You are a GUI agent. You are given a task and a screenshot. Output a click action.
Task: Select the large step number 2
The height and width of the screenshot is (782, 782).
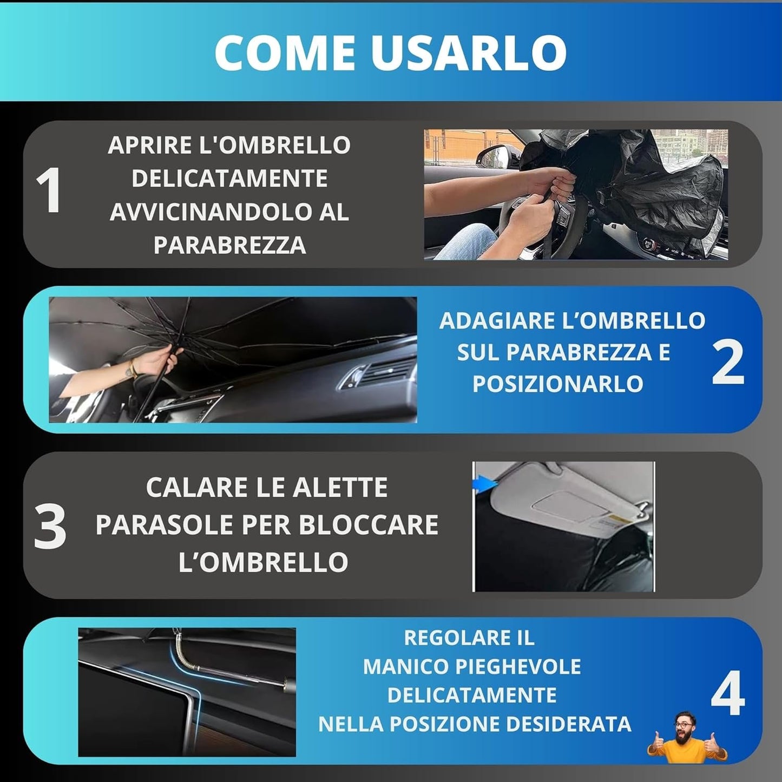728,362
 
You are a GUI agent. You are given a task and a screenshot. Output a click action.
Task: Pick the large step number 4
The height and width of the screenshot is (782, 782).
728,695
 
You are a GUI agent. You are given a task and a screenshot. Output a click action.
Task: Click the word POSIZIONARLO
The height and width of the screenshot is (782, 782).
558,384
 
